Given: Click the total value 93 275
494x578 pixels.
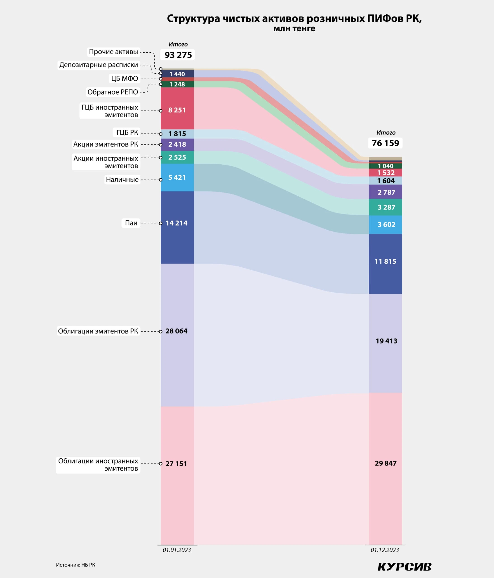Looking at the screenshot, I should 178,55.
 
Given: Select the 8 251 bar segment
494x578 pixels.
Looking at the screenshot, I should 177,110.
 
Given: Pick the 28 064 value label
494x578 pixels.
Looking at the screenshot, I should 176,331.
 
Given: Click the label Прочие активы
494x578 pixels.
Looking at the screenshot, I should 113,52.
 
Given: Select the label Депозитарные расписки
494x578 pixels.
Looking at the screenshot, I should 99,65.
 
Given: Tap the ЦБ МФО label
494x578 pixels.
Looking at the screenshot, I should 125,79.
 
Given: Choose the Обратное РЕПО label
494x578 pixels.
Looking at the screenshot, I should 113,92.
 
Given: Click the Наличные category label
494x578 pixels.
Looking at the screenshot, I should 122,180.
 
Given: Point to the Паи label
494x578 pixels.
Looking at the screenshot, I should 131,223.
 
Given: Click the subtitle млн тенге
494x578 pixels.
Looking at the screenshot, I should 294,28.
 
